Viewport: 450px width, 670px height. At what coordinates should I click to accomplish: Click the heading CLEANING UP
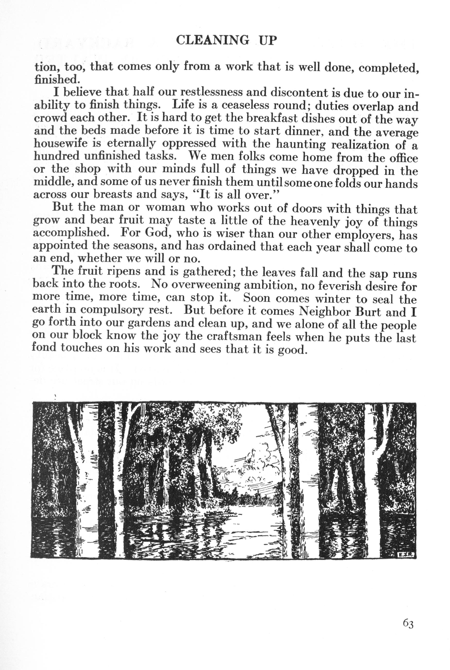tap(226, 40)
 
